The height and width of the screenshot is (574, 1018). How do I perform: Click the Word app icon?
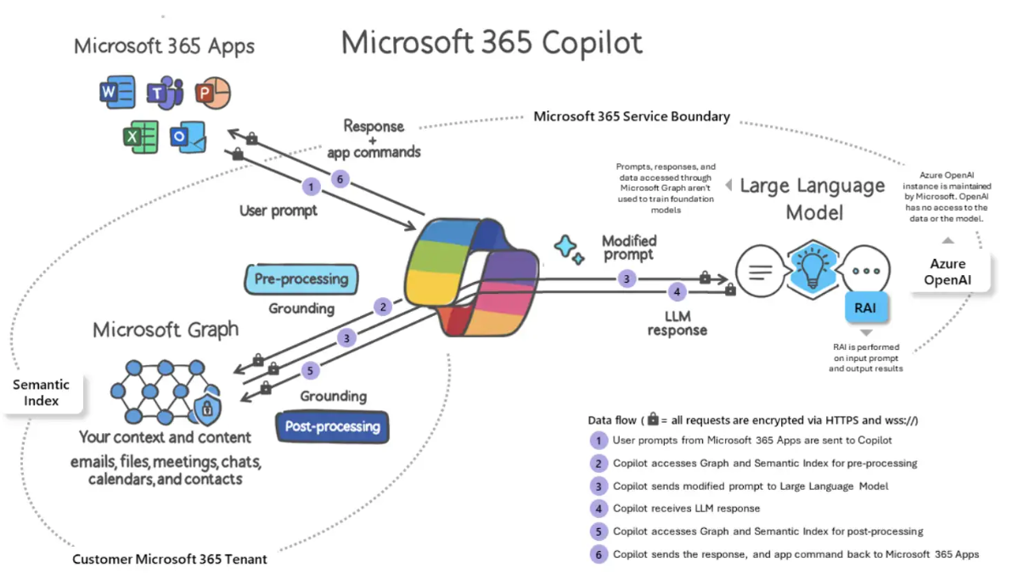coord(116,91)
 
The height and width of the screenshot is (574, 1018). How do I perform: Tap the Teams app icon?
coord(165,93)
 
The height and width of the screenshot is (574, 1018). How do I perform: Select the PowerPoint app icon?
coord(212,93)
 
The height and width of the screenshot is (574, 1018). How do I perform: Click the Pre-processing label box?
coord(301,279)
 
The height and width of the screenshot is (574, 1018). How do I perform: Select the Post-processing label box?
coord(332,426)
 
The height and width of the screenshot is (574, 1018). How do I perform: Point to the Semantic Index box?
coord(42,392)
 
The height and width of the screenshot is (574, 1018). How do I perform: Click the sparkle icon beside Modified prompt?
coord(568,249)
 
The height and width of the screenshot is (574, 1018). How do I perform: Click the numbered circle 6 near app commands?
coord(340,179)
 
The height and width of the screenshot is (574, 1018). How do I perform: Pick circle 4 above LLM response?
coord(677,292)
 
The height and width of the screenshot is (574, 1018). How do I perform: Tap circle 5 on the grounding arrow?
coord(312,371)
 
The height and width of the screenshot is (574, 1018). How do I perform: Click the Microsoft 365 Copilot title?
coord(492,42)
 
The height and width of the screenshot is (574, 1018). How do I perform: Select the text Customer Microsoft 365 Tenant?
coord(170,559)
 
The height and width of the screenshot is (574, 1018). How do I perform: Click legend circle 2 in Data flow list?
coord(599,464)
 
